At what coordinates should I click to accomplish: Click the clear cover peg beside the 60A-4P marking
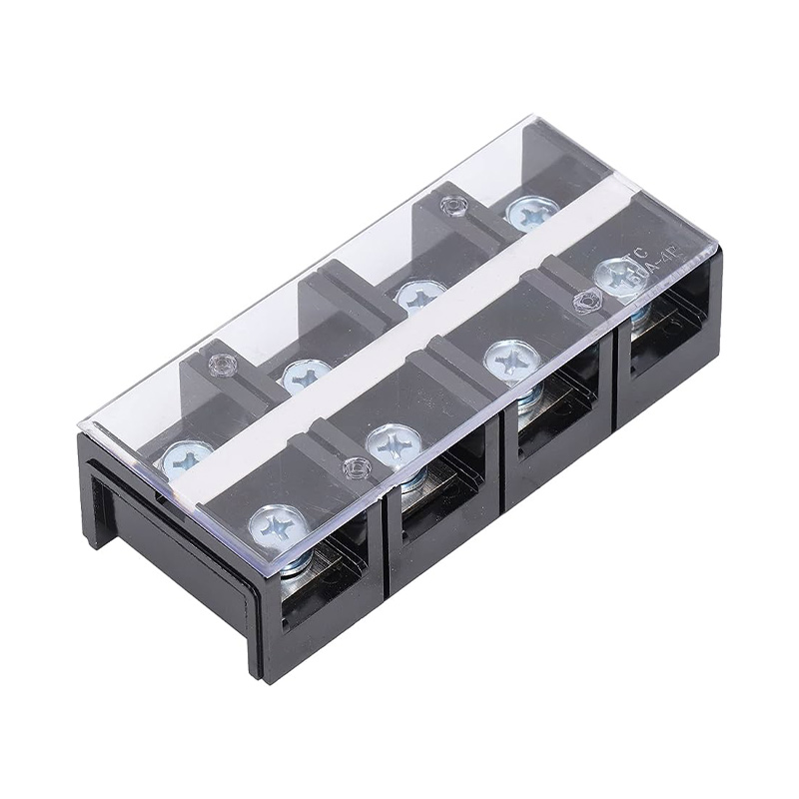click(584, 297)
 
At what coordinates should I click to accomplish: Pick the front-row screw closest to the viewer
click(274, 521)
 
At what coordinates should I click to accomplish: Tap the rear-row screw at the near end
click(187, 456)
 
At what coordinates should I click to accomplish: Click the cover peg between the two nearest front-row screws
click(353, 466)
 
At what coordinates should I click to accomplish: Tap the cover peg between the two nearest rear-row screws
click(219, 366)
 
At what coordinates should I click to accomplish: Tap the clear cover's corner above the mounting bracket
click(84, 429)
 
